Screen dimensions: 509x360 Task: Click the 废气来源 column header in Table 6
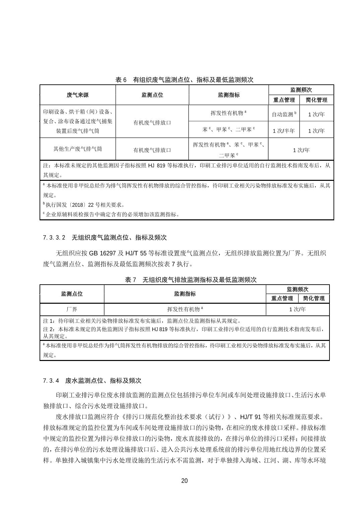(x=77, y=95)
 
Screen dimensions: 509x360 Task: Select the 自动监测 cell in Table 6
(x=284, y=114)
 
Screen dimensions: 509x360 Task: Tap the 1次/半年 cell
(x=284, y=131)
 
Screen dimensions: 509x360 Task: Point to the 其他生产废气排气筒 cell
(x=77, y=149)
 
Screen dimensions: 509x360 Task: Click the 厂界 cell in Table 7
(x=72, y=309)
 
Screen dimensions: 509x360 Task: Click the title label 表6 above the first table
(x=121, y=80)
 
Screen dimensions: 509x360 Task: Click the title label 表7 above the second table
(x=131, y=280)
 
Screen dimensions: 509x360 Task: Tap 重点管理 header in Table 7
(x=282, y=298)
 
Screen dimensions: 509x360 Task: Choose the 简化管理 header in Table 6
(x=316, y=100)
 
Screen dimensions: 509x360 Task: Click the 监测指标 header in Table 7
(x=185, y=294)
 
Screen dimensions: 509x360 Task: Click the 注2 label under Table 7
(x=49, y=330)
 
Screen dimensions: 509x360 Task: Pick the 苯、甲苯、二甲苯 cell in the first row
(x=229, y=130)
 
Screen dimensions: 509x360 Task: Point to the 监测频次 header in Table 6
(x=301, y=90)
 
